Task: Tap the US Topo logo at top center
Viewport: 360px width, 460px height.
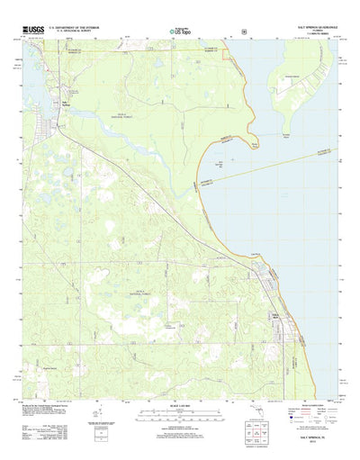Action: point(179,32)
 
